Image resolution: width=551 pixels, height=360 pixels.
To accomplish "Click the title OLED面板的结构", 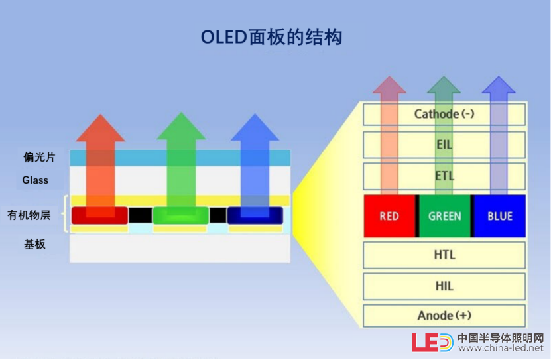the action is (x=271, y=37).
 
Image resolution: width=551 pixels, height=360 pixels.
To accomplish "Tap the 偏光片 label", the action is (x=39, y=157).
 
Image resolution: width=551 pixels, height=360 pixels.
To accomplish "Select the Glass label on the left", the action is (x=35, y=180).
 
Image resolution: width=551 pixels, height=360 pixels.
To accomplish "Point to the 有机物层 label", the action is (x=29, y=215).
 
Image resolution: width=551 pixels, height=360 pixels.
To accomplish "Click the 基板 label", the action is (x=34, y=244).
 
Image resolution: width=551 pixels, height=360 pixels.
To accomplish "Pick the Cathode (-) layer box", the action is (x=444, y=114).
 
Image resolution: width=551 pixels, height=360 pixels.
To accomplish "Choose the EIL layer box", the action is (x=444, y=145).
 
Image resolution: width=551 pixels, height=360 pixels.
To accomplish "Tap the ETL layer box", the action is (x=444, y=176).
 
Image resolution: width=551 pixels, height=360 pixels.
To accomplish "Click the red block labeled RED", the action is (x=389, y=216).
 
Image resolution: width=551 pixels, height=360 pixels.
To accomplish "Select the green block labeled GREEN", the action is (x=444, y=216).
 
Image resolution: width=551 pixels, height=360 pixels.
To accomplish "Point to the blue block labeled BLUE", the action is (x=500, y=216).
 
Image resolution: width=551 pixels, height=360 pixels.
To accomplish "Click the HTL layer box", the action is (x=444, y=255).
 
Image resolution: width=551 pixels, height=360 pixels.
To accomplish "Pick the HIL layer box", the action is (x=444, y=286).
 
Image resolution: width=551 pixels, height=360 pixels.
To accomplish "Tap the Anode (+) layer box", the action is (x=444, y=316).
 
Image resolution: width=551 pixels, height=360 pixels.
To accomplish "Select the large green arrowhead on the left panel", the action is (x=181, y=127).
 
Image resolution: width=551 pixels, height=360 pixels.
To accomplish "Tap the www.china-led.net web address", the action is (x=501, y=348).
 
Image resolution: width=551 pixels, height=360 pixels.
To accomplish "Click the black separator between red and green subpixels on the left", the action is (x=140, y=215).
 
